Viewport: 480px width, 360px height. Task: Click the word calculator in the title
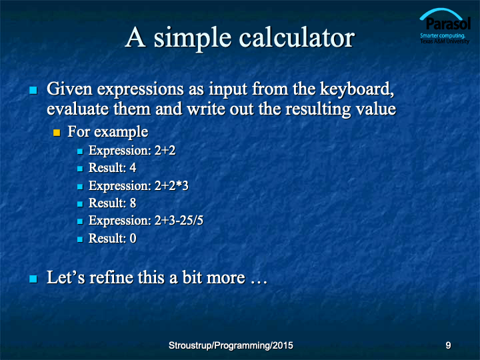[x=296, y=37]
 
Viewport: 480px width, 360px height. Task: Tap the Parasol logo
[x=445, y=26]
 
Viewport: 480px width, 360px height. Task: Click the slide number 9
[x=448, y=345]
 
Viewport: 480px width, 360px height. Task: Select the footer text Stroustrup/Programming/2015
[x=231, y=345]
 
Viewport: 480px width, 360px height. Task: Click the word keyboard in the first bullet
[x=357, y=89]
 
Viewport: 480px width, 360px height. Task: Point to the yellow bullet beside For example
[x=57, y=133]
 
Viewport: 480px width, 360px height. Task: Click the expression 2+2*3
[x=171, y=185]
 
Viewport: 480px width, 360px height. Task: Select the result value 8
[x=133, y=203]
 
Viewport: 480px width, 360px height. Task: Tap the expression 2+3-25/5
[x=179, y=221]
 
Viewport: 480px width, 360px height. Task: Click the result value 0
[x=133, y=238]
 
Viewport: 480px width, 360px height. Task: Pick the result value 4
[x=133, y=168]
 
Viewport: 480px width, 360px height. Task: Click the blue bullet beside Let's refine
[x=33, y=279]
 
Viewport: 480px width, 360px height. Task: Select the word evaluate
[x=78, y=109]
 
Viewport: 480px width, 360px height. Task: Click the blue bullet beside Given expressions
[x=33, y=90]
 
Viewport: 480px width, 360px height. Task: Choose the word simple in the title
[x=192, y=39]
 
